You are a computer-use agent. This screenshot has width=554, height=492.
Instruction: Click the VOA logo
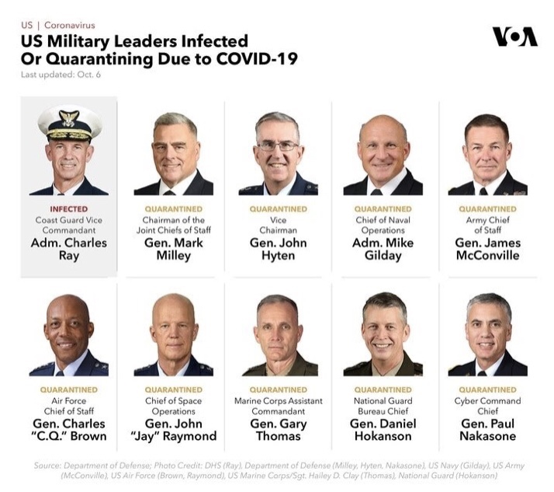click(514, 37)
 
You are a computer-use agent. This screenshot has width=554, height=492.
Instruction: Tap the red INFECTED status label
click(68, 209)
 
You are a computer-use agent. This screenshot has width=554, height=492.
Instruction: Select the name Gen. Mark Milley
click(173, 249)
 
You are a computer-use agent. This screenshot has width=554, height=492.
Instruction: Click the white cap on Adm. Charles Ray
click(69, 121)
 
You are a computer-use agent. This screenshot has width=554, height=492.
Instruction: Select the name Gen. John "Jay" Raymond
click(173, 430)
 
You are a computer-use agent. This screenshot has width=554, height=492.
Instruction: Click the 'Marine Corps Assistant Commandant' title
click(278, 406)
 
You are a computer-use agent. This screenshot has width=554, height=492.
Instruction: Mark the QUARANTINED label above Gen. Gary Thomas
click(278, 390)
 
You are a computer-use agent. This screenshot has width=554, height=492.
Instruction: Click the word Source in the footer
click(47, 466)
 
